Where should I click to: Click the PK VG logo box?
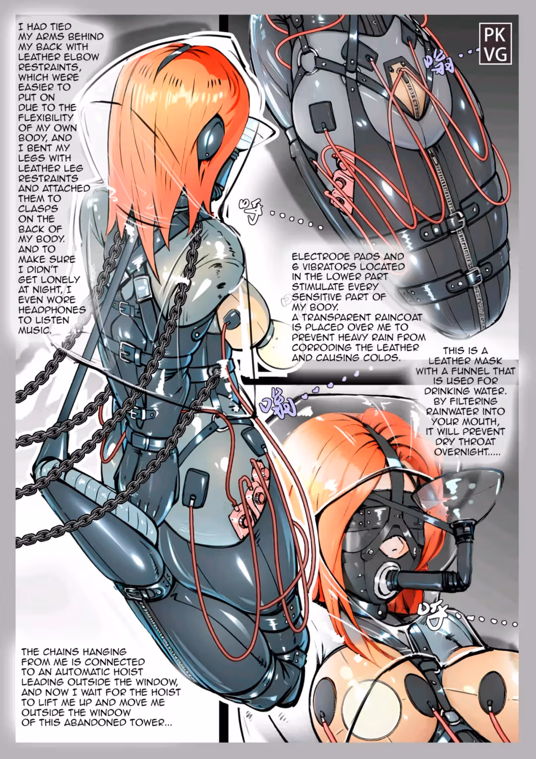click(496, 43)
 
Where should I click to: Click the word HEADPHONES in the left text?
click(52, 310)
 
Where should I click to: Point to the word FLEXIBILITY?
click(46, 118)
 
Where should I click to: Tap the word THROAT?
click(484, 442)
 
